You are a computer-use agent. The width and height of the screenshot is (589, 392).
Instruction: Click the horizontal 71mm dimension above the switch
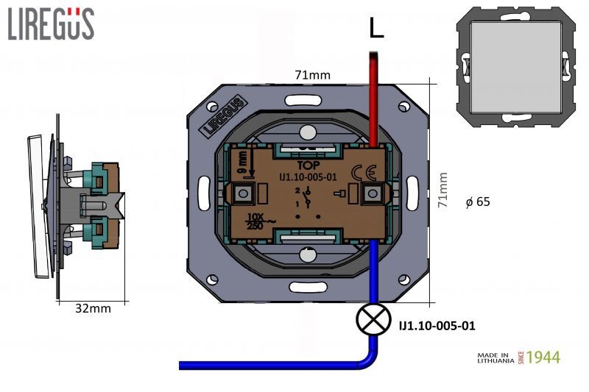[x=312, y=74]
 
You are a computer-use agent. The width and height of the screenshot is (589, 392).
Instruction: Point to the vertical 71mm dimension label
[x=442, y=190]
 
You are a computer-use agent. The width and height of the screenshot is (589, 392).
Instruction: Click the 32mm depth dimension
[x=93, y=308]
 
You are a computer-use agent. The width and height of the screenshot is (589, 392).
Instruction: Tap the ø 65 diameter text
[x=479, y=202]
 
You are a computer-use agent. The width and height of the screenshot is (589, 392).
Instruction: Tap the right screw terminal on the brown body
[x=373, y=194]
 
